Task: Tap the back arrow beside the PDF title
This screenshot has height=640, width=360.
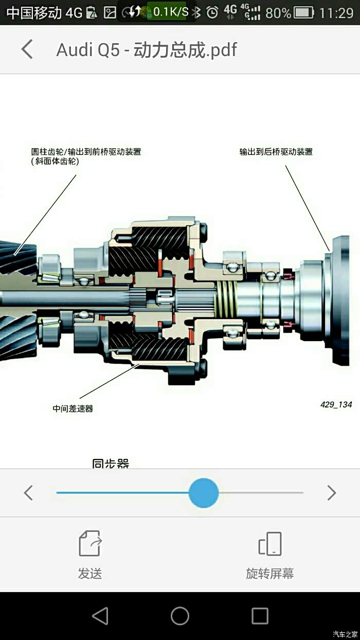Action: tap(27, 49)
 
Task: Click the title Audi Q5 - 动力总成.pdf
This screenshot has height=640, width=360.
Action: tap(147, 50)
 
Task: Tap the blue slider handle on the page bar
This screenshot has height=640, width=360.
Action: tap(204, 493)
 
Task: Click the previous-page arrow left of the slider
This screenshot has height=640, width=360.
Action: tap(28, 493)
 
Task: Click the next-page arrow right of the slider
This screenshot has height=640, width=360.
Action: tap(331, 493)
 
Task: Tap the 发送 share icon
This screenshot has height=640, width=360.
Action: tap(90, 543)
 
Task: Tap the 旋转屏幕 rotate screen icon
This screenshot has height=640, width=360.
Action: tap(270, 543)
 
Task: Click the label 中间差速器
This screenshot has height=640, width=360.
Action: tap(73, 408)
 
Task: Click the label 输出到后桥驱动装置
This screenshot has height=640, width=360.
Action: tap(276, 151)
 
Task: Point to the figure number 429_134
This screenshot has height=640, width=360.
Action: tap(336, 404)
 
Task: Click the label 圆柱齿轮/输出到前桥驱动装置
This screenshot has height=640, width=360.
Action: tap(86, 151)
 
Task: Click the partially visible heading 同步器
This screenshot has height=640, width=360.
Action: tap(111, 464)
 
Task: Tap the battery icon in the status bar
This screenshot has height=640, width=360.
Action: tap(304, 12)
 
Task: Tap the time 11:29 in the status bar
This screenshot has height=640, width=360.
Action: tap(336, 13)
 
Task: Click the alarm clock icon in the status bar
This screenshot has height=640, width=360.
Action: tap(212, 12)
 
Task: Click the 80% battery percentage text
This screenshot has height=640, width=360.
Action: tap(278, 13)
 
